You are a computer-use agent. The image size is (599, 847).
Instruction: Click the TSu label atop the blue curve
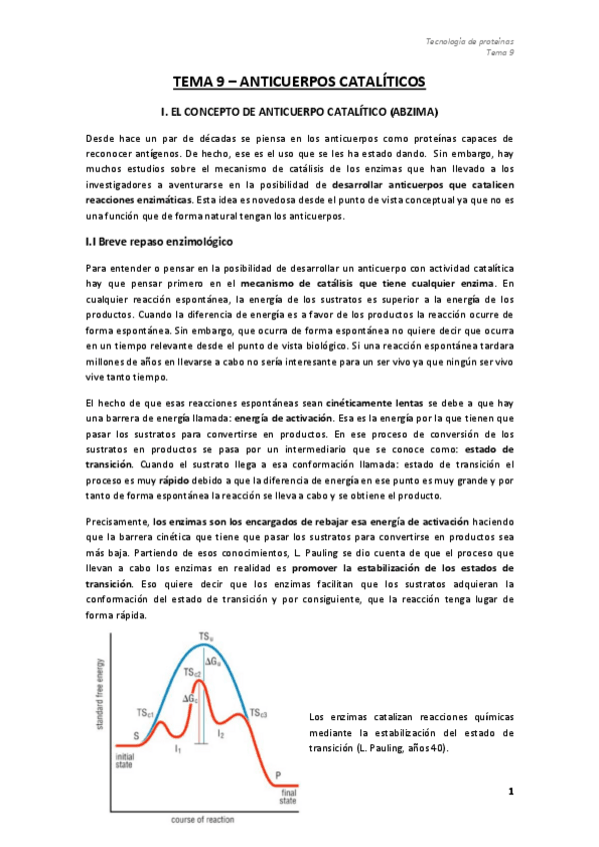pyautogui.click(x=205, y=636)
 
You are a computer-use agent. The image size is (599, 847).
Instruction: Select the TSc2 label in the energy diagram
pyautogui.click(x=193, y=673)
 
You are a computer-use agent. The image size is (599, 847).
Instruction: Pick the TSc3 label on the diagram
pyautogui.click(x=257, y=713)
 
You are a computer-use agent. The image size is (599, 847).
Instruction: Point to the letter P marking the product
pyautogui.click(x=277, y=775)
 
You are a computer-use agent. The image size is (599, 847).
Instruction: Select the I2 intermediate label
pyautogui.click(x=222, y=734)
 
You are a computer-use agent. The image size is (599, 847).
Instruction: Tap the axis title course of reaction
pyautogui.click(x=201, y=819)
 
